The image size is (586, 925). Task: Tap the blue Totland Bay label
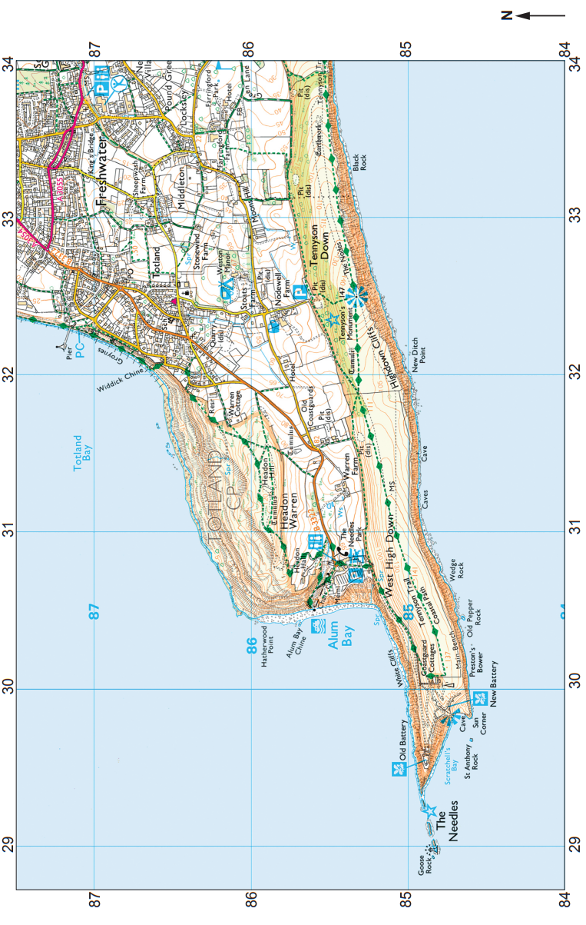tap(82, 461)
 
